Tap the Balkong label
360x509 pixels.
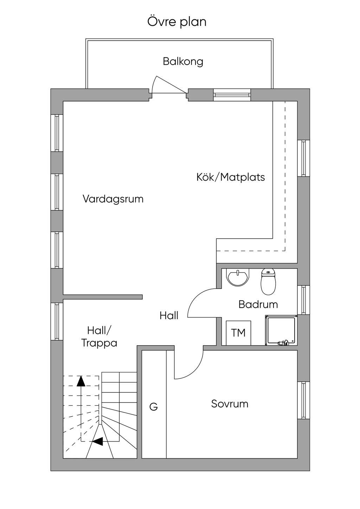[183, 62]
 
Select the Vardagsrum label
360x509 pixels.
[113, 199]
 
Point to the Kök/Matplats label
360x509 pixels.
[231, 177]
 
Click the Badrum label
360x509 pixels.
[258, 304]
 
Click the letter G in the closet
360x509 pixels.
[154, 407]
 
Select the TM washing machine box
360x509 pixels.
[238, 333]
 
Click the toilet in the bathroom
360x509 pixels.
[268, 282]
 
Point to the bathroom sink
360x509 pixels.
[238, 277]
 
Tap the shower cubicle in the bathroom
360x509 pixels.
[281, 330]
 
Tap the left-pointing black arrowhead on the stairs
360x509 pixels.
[97, 442]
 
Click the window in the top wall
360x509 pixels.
[232, 95]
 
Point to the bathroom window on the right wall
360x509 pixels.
[304, 300]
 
